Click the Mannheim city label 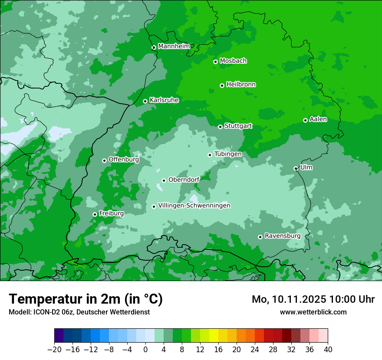174,46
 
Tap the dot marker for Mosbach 215,62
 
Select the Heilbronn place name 241,85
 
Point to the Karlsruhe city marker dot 145,101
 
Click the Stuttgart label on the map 238,126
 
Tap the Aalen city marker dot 305,120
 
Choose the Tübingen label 228,154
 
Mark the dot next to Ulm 296,168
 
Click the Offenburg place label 124,160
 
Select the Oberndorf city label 184,180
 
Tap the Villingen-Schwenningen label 194,206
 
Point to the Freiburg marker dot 95,214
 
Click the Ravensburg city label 283,236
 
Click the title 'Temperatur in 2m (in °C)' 86,299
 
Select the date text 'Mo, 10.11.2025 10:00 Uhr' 313,299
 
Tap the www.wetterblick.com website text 313,312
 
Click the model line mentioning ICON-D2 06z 79,312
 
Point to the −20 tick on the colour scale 55,350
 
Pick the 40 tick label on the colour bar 328,350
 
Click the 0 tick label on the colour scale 145,350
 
